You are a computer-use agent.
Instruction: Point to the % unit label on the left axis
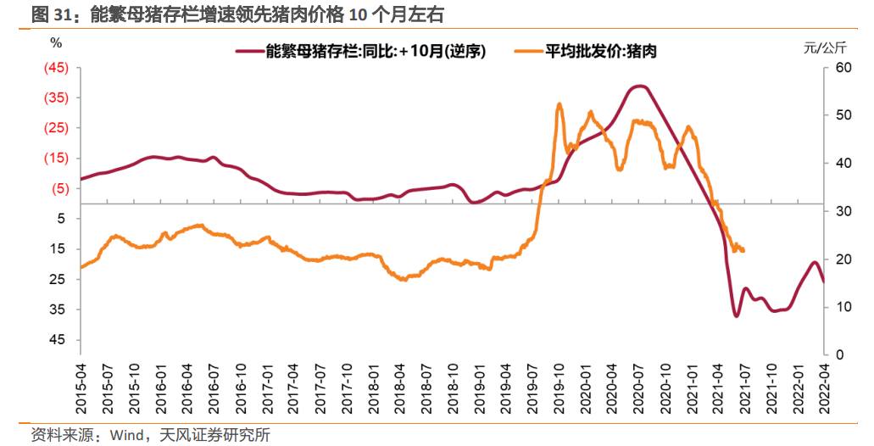click(56, 42)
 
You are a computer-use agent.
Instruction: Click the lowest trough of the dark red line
click(736, 316)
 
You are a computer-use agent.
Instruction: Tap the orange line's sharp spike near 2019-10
click(559, 104)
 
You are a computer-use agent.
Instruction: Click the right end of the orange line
click(743, 251)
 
